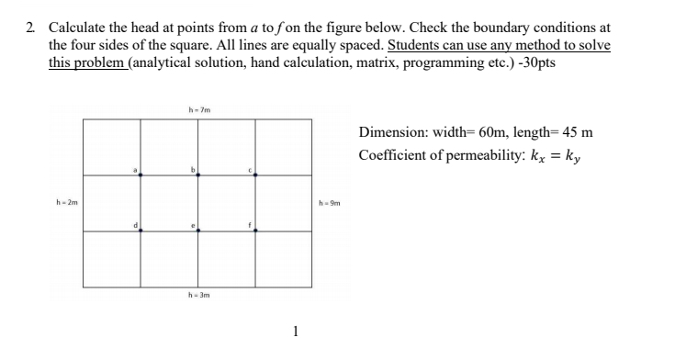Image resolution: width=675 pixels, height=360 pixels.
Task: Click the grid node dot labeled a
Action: (x=141, y=175)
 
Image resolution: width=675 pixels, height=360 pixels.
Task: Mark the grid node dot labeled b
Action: (x=197, y=175)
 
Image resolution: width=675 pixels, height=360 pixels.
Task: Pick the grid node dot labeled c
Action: (x=254, y=175)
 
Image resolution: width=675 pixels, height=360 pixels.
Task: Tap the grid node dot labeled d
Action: (x=141, y=231)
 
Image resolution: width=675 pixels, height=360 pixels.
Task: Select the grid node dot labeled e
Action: (x=197, y=231)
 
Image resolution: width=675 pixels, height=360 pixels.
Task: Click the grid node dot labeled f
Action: (x=254, y=231)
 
